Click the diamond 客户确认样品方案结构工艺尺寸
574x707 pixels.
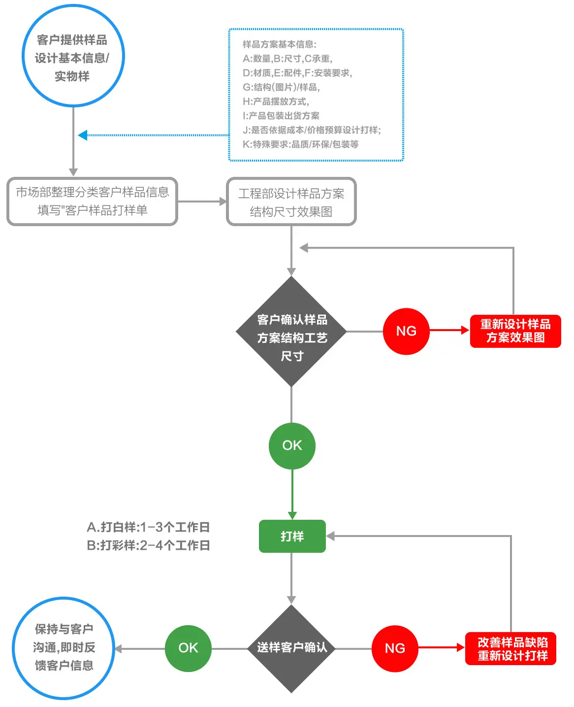(x=291, y=331)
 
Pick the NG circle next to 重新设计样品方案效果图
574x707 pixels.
(x=406, y=331)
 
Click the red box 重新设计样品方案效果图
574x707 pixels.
(x=515, y=331)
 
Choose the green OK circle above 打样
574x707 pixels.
(x=292, y=446)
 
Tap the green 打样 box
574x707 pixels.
(x=292, y=536)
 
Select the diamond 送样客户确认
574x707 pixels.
(x=291, y=648)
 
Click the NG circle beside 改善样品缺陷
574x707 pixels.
(x=395, y=648)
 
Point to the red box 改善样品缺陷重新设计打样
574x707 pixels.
(x=510, y=648)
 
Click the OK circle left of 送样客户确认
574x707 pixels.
(x=188, y=648)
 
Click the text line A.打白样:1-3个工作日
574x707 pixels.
(x=148, y=527)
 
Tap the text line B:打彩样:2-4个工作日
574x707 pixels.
(x=148, y=545)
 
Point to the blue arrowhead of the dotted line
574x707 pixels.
(x=83, y=135)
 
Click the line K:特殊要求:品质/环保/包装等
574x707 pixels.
(x=300, y=144)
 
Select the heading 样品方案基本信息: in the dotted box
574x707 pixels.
(x=280, y=44)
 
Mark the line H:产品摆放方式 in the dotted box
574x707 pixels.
(x=276, y=101)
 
